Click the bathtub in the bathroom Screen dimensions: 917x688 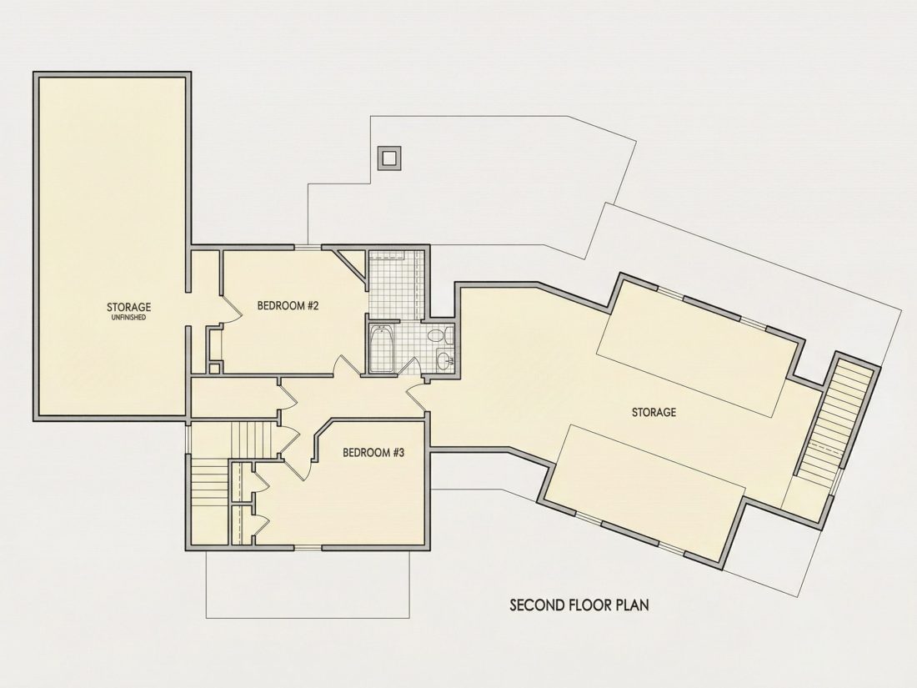point(382,349)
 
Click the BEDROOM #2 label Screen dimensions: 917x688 point(288,305)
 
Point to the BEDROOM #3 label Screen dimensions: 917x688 point(373,452)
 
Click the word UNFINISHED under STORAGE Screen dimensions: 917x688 point(128,318)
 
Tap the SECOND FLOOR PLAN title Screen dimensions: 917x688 point(579,605)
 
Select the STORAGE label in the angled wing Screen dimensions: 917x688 point(654,412)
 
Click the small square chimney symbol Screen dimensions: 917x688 point(389,158)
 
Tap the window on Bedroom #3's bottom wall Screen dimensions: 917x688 point(307,548)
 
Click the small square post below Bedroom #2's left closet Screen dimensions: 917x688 point(214,368)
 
